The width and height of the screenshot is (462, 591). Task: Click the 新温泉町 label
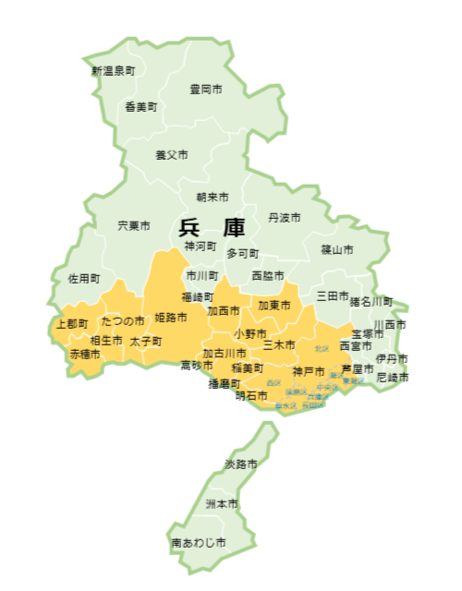113,70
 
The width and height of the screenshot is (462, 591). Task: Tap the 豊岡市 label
206,90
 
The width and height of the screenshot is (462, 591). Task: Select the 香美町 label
141,107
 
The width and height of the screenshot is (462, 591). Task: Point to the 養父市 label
172,155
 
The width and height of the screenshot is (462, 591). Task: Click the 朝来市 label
213,198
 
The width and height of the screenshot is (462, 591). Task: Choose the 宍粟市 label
134,225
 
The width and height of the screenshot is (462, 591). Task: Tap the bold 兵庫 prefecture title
205,228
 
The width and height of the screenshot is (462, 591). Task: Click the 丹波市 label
285,218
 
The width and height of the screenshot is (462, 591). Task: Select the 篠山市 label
337,249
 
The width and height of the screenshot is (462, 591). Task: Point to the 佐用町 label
83,278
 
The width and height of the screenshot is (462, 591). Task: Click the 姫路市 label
171,318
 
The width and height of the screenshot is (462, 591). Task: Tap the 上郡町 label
72,324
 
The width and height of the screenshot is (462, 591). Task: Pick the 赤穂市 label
85,354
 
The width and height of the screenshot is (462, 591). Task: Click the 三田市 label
333,296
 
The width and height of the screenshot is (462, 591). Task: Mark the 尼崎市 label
393,378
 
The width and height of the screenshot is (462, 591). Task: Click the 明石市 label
251,396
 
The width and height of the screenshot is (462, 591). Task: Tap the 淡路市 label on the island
242,463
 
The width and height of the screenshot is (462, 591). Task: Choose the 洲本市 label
222,504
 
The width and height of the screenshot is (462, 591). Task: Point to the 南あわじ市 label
198,543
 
